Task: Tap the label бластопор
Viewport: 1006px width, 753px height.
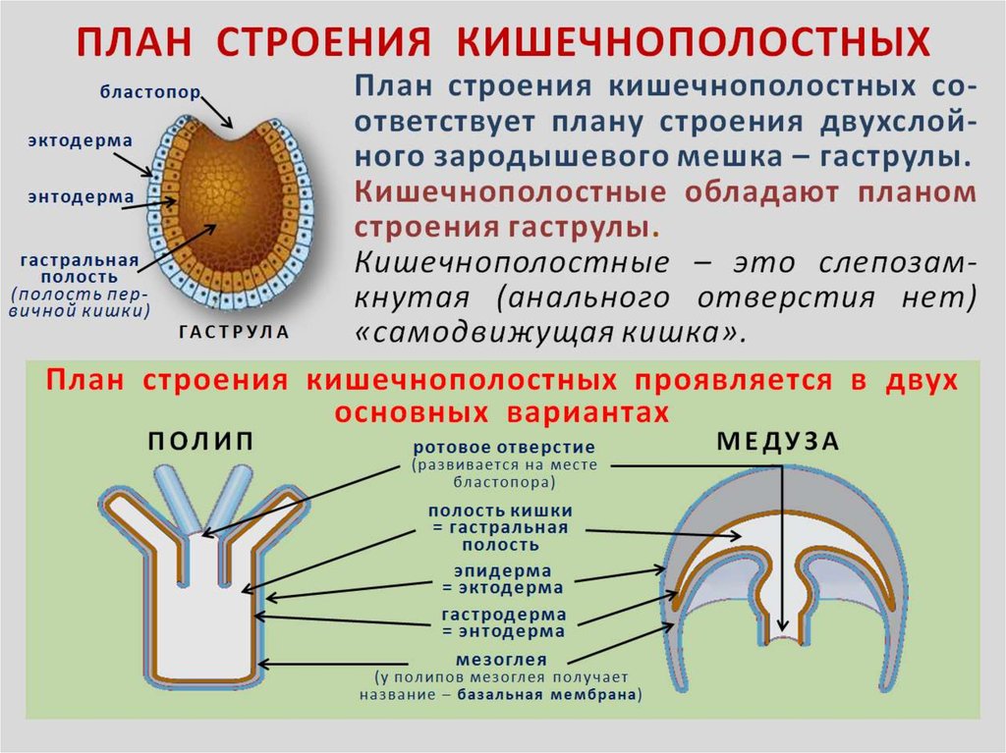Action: [x=149, y=91]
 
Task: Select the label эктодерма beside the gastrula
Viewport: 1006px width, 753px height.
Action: [x=80, y=141]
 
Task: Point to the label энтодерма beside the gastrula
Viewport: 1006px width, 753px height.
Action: [x=80, y=196]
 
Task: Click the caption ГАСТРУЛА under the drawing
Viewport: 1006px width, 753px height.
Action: [x=234, y=332]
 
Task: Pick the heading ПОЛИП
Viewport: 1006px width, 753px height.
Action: [x=201, y=441]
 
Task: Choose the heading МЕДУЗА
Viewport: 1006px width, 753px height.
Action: [x=778, y=441]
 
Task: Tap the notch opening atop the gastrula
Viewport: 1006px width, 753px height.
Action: [x=234, y=133]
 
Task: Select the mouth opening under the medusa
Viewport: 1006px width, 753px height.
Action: [x=782, y=639]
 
